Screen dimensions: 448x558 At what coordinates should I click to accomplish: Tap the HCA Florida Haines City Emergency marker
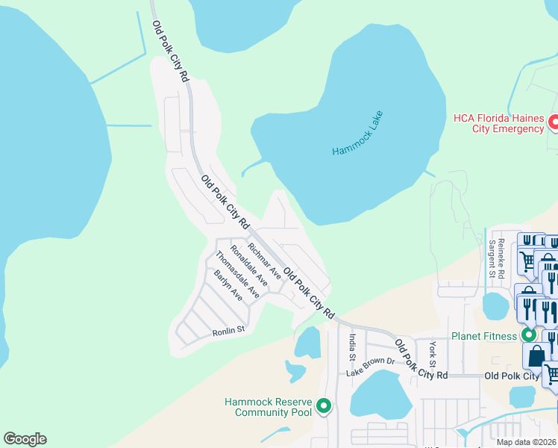tap(554, 122)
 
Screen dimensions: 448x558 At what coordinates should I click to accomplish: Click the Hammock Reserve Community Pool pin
tap(323, 406)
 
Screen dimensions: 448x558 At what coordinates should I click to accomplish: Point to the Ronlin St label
tap(228, 330)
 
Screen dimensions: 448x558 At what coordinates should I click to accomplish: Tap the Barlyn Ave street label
tap(228, 284)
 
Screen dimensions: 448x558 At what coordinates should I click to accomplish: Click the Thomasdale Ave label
tap(237, 274)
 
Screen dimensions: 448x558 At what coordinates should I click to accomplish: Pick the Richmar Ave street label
tap(264, 261)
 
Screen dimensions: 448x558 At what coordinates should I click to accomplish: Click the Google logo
tap(25, 439)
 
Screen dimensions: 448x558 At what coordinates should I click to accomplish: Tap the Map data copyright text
tap(526, 442)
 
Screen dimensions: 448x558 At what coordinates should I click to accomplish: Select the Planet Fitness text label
tap(483, 336)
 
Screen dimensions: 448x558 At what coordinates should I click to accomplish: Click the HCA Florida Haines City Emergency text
tap(498, 123)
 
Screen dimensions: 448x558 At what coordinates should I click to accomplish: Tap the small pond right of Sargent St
tap(495, 305)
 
